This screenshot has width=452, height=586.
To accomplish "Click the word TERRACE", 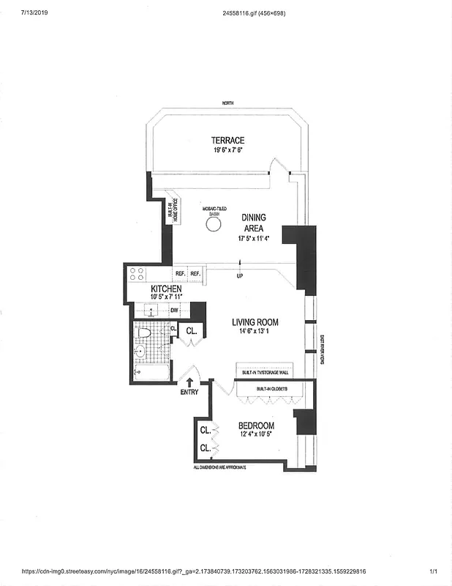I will (227, 140).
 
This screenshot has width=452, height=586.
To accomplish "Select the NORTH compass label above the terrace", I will (229, 104).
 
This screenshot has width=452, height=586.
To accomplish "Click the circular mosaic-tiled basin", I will (213, 225).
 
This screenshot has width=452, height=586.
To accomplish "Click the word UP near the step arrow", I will (239, 275).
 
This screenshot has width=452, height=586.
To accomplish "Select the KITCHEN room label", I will (166, 289).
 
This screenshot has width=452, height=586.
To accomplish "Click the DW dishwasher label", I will (175, 310).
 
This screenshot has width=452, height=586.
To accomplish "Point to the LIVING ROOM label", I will (255, 322).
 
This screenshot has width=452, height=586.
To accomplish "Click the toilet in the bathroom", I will (144, 333).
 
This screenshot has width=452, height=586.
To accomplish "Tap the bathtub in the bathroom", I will (151, 375).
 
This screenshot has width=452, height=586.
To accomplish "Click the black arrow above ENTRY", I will (189, 382).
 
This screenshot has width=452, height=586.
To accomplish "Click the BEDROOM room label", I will (257, 426).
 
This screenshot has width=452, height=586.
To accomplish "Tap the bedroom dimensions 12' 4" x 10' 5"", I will (257, 435).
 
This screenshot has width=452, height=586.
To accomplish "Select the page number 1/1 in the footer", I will (432, 571).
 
